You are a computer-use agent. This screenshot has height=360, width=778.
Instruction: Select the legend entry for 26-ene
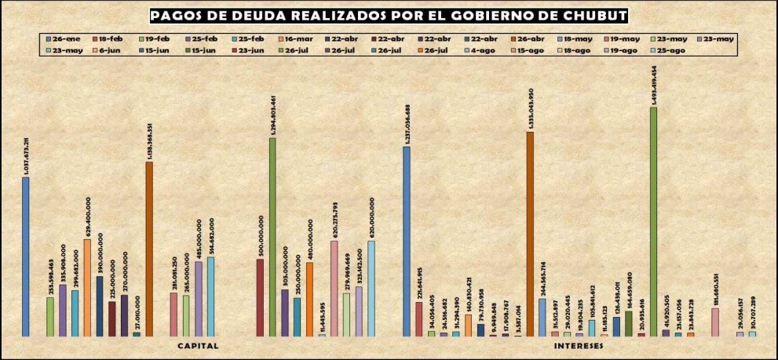[x=62, y=38]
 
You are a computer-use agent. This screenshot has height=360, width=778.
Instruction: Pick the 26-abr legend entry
[x=530, y=38]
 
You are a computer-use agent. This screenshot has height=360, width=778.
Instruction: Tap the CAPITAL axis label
[x=198, y=346]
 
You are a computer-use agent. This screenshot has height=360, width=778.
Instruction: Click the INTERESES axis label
[x=578, y=346]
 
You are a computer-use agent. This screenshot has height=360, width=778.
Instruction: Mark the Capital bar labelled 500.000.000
[x=260, y=297]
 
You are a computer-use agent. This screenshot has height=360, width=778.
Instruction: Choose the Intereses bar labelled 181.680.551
[x=715, y=322]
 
